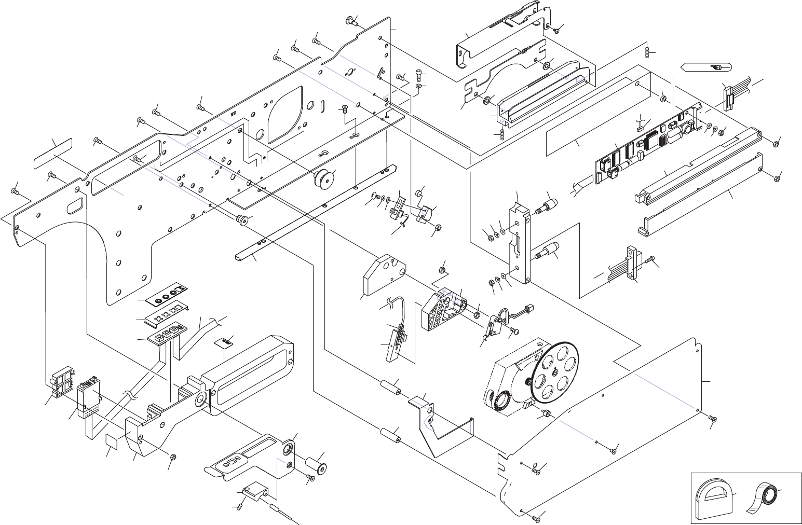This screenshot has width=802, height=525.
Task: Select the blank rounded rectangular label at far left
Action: point(53,153)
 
